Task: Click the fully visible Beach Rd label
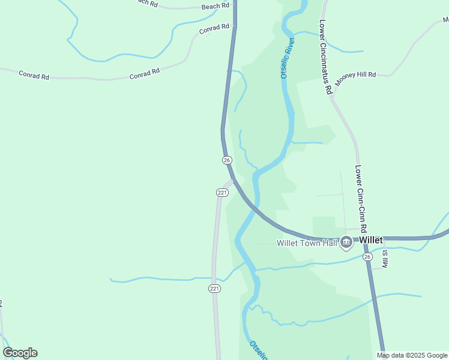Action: coord(215,6)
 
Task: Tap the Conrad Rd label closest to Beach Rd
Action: coord(214,28)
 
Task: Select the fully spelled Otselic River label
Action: coord(288,58)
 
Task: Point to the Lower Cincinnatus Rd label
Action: coord(326,58)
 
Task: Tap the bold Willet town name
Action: coord(371,240)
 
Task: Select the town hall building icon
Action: coord(346,243)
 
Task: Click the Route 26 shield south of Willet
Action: coord(368,257)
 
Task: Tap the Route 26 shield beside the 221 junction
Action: coord(226,160)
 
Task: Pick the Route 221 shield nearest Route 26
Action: coord(222,193)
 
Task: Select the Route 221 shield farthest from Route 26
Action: coord(215,289)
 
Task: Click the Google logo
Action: coord(20,353)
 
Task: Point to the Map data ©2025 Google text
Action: coord(412,355)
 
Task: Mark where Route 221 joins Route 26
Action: coord(234,179)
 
